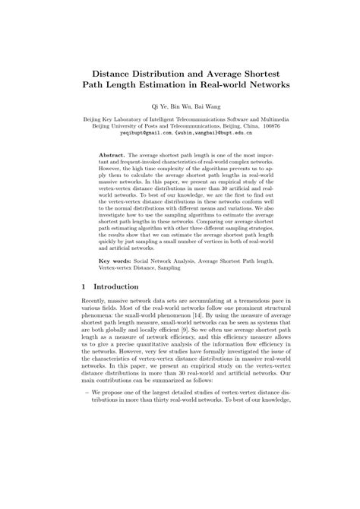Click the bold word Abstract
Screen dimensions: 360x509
click(114, 153)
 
